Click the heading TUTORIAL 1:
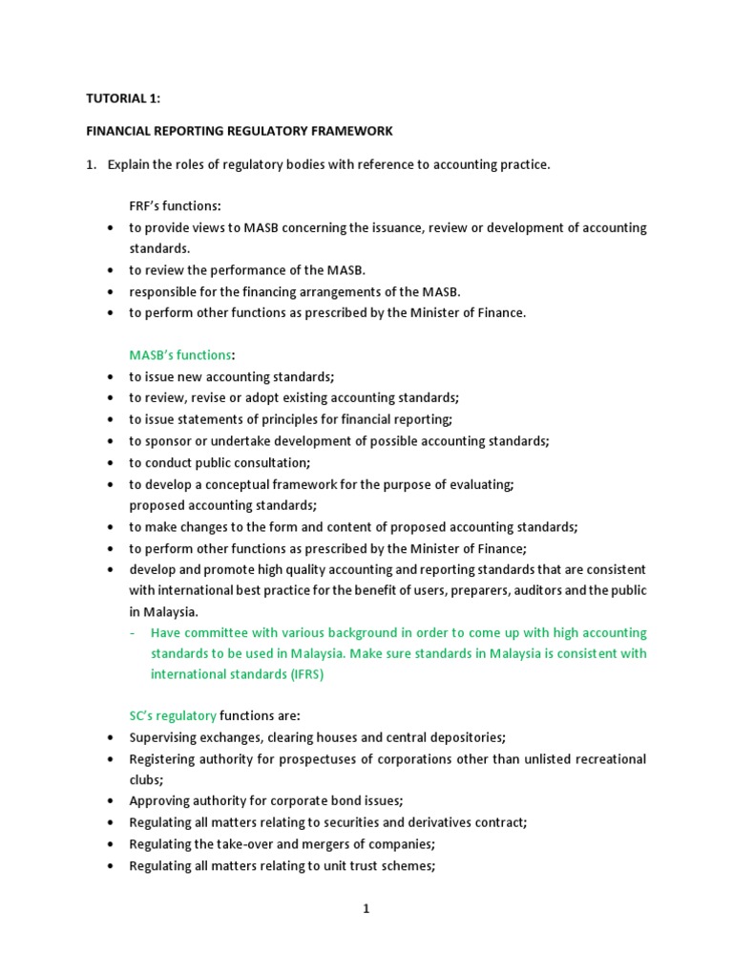(124, 98)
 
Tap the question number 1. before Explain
(92, 164)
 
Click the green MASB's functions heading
(180, 355)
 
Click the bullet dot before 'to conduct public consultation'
(112, 463)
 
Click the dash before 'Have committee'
(133, 632)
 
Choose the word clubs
(146, 779)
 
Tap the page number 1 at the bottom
(366, 909)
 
